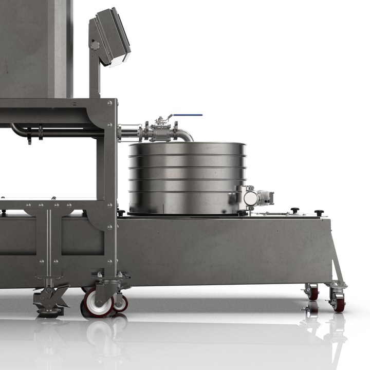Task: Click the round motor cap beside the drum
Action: click(x=251, y=198)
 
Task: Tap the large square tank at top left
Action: click(x=33, y=46)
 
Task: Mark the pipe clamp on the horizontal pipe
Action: click(x=30, y=133)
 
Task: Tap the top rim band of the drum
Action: click(x=188, y=145)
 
